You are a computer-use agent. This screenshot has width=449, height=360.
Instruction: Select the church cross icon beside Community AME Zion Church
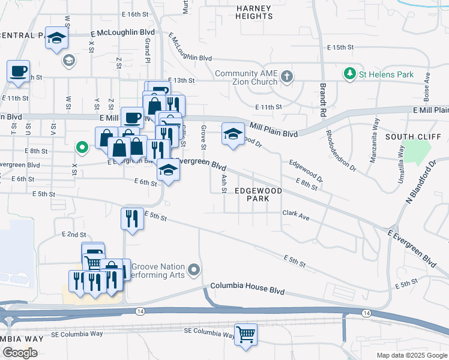click(287, 76)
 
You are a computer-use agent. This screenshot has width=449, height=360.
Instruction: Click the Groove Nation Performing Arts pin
click(193, 271)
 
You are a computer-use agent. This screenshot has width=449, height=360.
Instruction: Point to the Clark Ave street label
click(296, 215)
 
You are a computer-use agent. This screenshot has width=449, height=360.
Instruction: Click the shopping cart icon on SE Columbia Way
click(246, 334)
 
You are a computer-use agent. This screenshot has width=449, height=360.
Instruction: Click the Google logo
click(19, 353)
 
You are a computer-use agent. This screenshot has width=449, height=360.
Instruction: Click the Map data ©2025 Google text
click(411, 355)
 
